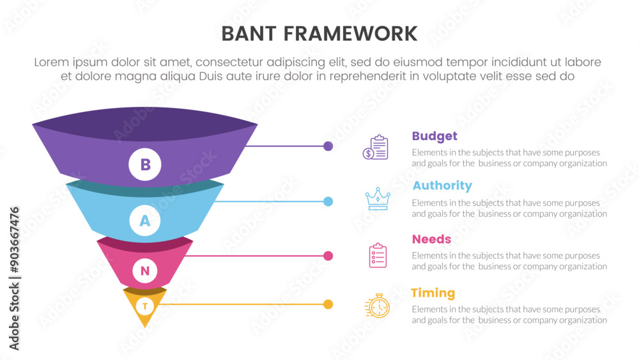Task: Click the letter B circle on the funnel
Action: (145, 164)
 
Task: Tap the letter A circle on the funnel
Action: (145, 221)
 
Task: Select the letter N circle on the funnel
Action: (145, 270)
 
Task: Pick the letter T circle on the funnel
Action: (145, 306)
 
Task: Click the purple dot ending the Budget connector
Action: (328, 146)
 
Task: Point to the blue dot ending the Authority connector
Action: (328, 201)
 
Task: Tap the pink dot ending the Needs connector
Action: (328, 256)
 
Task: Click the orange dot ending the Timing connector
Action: (328, 304)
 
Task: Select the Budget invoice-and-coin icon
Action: (376, 147)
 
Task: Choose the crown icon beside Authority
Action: (377, 199)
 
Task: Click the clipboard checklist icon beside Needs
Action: (378, 255)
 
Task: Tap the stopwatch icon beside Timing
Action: (378, 306)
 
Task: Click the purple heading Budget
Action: (435, 136)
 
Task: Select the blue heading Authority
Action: (442, 185)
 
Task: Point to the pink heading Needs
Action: (431, 239)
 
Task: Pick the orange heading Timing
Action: (433, 293)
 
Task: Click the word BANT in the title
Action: (252, 33)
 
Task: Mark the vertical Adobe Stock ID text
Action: (15, 278)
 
